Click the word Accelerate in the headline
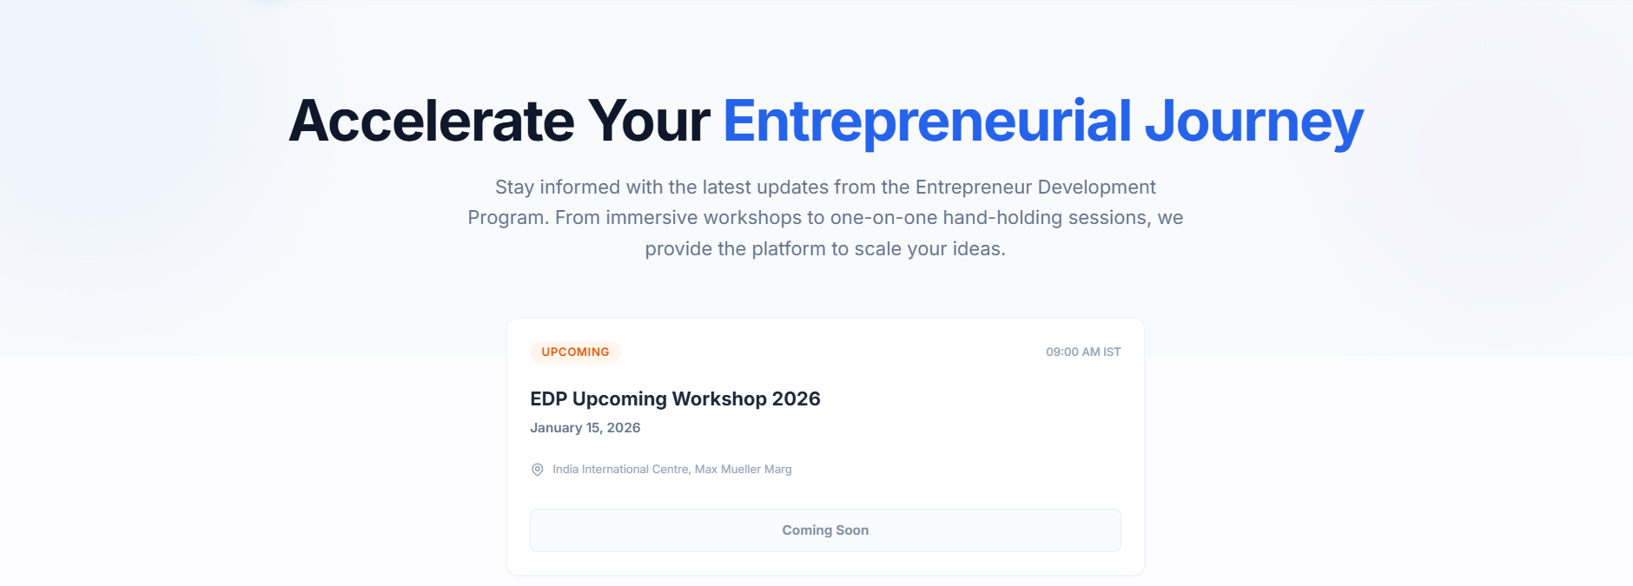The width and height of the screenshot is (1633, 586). (432, 121)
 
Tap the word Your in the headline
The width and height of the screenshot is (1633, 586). (649, 121)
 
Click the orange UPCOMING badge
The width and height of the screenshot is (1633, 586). (575, 352)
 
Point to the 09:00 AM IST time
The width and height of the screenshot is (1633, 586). (1083, 352)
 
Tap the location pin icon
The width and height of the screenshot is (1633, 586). (538, 470)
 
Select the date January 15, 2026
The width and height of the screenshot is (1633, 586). (585, 428)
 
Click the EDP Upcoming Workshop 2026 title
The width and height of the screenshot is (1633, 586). (675, 398)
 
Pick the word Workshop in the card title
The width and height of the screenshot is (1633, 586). (719, 398)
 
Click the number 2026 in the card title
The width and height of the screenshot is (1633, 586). (797, 398)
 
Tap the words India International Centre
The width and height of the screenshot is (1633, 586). (621, 470)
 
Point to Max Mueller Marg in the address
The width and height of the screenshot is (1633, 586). (744, 470)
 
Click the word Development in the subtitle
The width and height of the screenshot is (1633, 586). (1096, 188)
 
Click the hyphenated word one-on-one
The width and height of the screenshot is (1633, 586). (884, 218)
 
